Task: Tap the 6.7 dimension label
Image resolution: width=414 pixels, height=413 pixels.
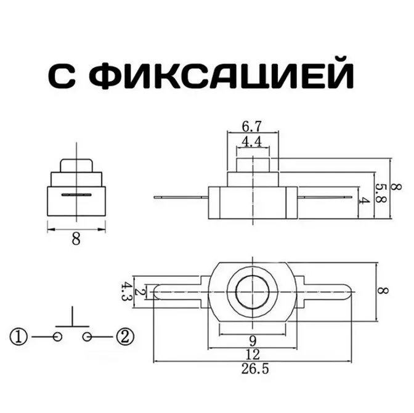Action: (250, 127)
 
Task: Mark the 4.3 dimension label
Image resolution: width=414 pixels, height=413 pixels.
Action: (127, 290)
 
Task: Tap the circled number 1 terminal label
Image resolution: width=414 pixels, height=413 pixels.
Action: (19, 337)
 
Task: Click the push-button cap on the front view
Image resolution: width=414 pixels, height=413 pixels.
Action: (76, 165)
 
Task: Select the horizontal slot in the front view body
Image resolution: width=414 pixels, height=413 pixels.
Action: (76, 195)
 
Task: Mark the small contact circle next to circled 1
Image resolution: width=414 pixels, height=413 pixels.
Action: (57, 337)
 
